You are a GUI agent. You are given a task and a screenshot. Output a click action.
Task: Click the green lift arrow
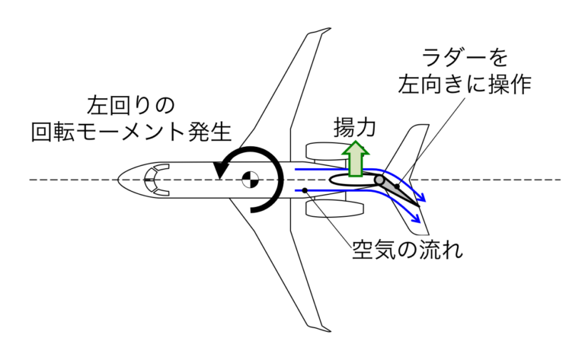coord(353,158)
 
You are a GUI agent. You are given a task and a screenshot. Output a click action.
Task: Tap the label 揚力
coord(354,126)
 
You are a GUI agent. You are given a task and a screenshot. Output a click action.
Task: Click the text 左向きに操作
coord(463,84)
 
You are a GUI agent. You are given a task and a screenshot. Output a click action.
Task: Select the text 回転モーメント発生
coord(130,132)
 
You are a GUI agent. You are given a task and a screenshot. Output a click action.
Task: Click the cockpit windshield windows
coord(156,180)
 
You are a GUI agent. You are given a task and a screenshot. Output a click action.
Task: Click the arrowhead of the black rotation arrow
coord(219,171)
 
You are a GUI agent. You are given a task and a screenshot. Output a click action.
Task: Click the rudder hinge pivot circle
coord(379,180)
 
